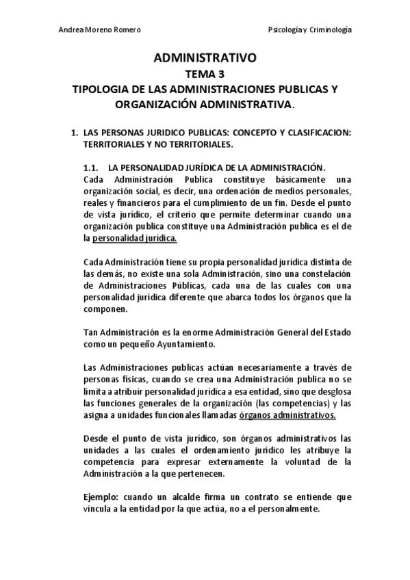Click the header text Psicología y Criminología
[x=310, y=29]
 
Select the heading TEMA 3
[x=205, y=75]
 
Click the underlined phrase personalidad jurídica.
[x=134, y=239]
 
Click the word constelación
[x=324, y=274]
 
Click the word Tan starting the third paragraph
[x=89, y=332]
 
